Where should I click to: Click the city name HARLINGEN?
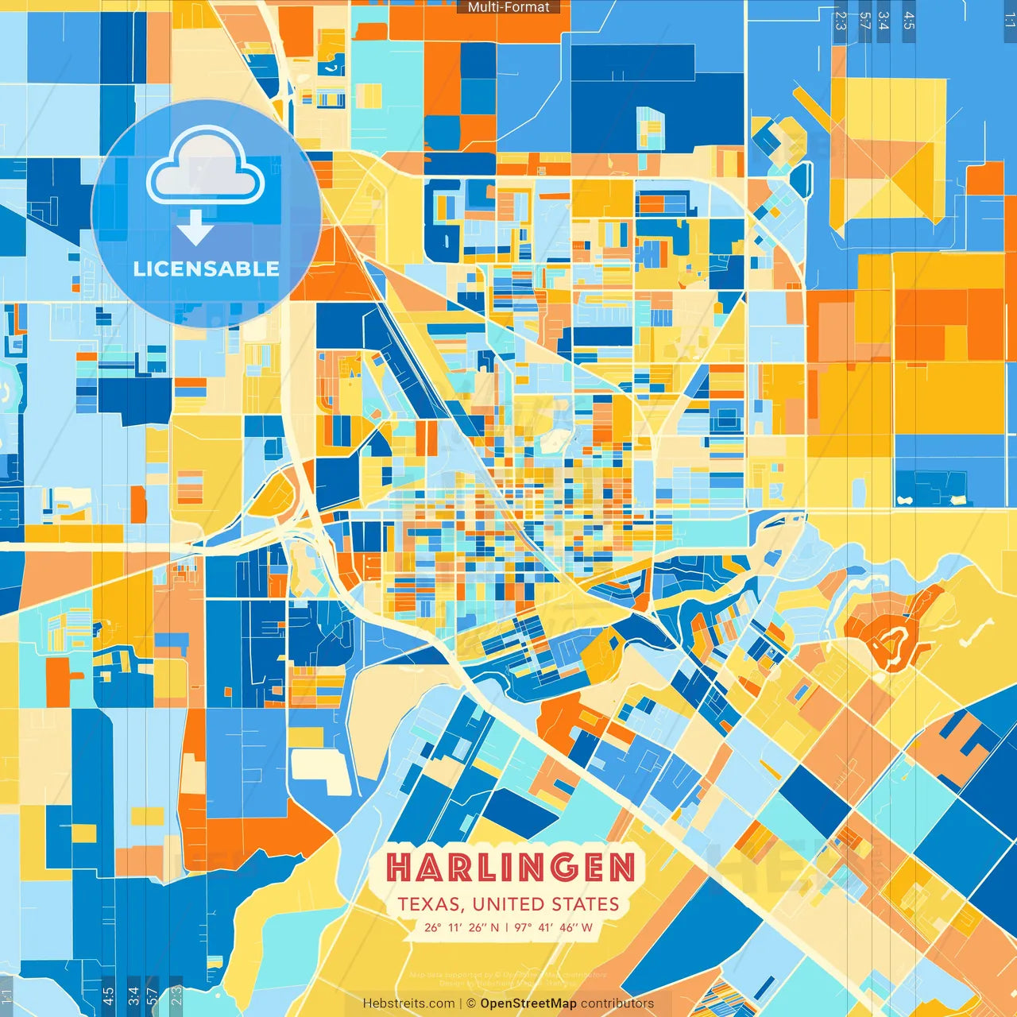[510, 868]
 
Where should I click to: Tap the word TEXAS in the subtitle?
[430, 904]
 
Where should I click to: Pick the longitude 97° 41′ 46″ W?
[554, 927]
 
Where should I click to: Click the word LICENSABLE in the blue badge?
[207, 269]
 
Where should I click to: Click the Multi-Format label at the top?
[508, 7]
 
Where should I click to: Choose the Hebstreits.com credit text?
[408, 1003]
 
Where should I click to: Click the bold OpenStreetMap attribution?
[528, 1003]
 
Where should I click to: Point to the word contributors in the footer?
[617, 1003]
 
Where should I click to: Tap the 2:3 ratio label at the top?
[841, 21]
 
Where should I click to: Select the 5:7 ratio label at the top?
[864, 21]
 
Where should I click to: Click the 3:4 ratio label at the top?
[884, 21]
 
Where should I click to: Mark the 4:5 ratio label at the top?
[909, 21]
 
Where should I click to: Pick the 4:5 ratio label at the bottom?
[108, 996]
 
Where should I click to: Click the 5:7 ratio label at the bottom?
[152, 996]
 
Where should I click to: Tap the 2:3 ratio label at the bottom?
[176, 996]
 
